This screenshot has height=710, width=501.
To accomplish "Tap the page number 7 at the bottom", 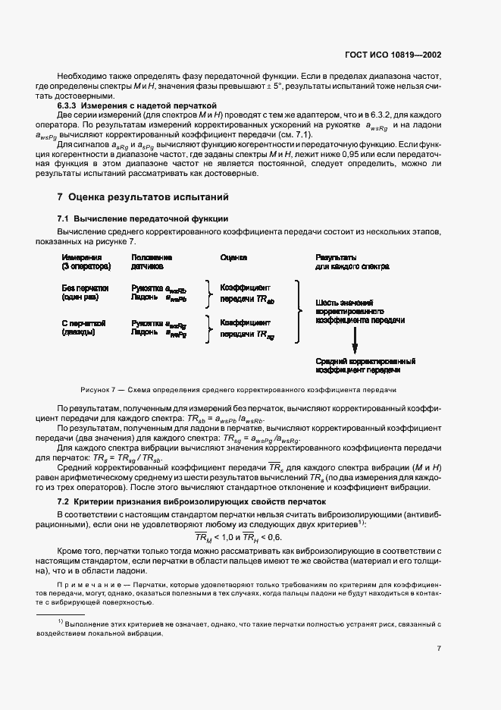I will tap(440, 649).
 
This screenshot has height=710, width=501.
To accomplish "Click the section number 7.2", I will tap(67, 502).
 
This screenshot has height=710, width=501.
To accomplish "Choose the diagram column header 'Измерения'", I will tap(77, 258).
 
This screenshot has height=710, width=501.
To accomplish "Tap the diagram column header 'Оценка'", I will tap(233, 258).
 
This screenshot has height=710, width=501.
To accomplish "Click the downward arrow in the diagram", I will tap(354, 344).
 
